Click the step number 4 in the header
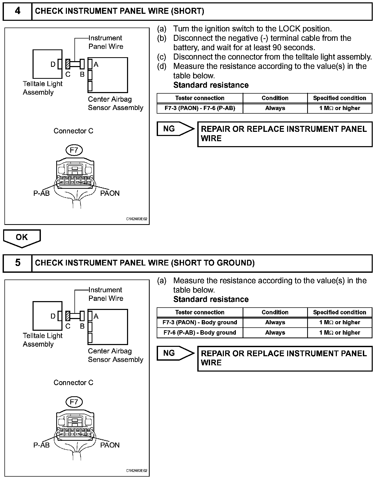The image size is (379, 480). [17, 11]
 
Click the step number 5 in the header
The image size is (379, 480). [17, 263]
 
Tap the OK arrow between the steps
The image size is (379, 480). [22, 238]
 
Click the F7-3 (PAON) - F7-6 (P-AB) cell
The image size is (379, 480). [200, 108]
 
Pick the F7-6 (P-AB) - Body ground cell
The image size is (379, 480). [200, 333]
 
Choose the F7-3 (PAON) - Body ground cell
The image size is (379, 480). [200, 322]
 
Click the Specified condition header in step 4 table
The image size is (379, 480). [339, 98]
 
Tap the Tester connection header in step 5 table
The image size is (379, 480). [200, 312]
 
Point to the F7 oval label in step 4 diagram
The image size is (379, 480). [74, 150]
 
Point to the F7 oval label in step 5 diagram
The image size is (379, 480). [74, 402]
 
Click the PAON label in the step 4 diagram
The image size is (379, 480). [110, 193]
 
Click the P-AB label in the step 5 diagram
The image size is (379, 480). [41, 445]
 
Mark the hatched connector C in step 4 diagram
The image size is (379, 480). [68, 64]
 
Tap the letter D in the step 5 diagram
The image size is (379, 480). [53, 316]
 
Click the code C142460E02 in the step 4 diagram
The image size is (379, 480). [137, 219]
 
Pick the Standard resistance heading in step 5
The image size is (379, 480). [211, 299]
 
